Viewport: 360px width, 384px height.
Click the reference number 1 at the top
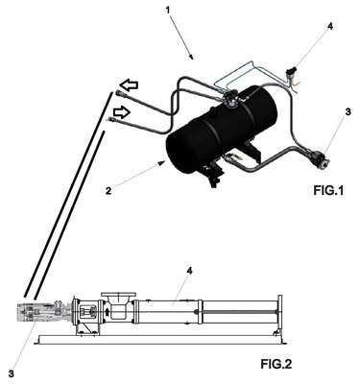click(x=168, y=10)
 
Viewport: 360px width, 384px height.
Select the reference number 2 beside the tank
click(x=108, y=191)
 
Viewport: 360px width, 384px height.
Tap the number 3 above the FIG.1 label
click(x=348, y=112)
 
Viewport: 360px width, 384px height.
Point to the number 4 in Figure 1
click(x=330, y=26)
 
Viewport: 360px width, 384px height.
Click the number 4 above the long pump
click(x=189, y=271)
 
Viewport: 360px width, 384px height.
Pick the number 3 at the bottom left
click(x=12, y=373)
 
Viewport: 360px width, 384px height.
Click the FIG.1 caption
click(x=328, y=191)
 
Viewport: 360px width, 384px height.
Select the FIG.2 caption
click(x=276, y=364)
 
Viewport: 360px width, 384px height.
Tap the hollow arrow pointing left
click(x=129, y=85)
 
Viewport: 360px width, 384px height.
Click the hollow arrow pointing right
click(x=122, y=112)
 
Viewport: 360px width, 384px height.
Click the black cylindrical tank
click(x=221, y=130)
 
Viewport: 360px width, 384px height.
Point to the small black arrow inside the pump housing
click(x=108, y=311)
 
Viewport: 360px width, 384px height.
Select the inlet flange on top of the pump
click(x=118, y=294)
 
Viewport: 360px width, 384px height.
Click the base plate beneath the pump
click(x=160, y=340)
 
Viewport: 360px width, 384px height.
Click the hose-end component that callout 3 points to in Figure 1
click(x=319, y=158)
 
